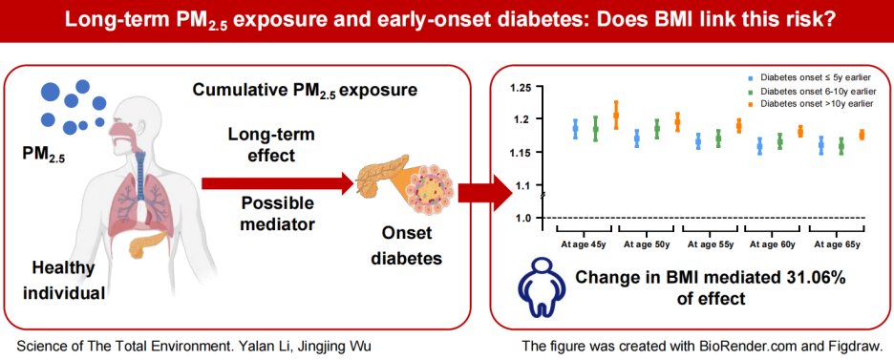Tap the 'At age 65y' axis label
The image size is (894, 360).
[x=837, y=244]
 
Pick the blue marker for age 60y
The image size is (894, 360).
[x=759, y=146]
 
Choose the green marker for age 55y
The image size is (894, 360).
[x=718, y=138]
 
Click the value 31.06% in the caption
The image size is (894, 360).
[x=810, y=279]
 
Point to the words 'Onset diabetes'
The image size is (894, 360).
[x=406, y=246]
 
